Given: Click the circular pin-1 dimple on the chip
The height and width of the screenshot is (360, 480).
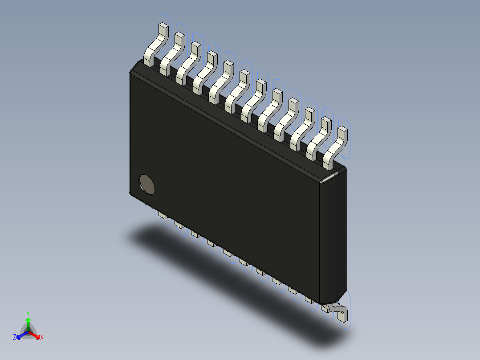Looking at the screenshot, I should (147, 184).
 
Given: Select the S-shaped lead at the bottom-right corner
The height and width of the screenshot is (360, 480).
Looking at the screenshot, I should (338, 311).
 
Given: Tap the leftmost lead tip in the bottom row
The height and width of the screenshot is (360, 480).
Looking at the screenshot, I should (162, 216).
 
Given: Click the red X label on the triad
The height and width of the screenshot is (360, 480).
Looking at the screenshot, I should (42, 338).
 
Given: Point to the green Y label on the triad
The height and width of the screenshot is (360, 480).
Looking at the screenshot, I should (28, 313).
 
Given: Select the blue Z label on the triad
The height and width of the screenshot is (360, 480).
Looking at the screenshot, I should (15, 337).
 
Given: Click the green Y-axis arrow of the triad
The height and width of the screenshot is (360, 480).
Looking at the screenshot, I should (28, 323).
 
